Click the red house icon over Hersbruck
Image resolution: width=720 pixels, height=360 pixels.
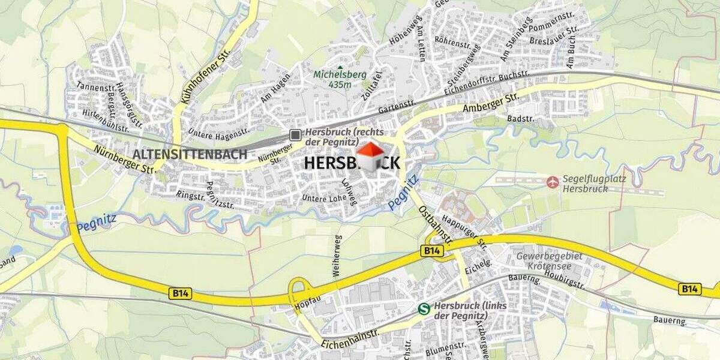point(370,157)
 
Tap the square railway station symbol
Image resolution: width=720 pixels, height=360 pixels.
point(295,134)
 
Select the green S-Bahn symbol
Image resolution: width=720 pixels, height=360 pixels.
point(424,309)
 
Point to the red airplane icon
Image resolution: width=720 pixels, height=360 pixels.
point(553,181)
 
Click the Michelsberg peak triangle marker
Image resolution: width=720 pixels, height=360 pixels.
point(340,68)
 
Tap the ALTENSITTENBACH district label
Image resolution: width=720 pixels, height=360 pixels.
point(190,154)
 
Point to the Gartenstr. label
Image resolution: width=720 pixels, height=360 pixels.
point(397,107)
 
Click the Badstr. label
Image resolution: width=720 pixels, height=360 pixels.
point(521,118)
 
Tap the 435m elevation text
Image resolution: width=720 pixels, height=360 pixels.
point(340,85)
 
